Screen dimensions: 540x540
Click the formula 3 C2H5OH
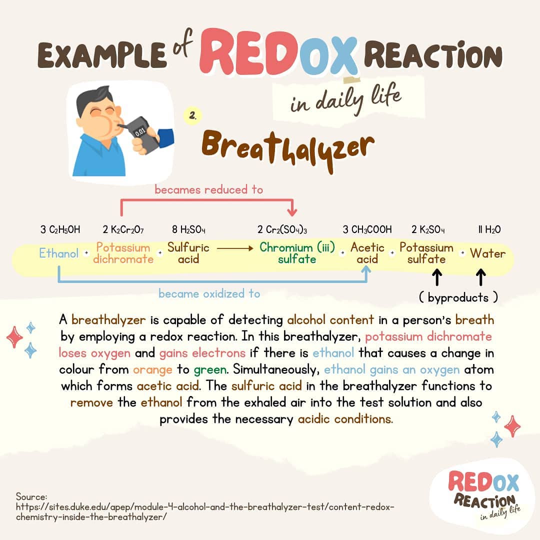60,229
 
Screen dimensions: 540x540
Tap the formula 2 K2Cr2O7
123,229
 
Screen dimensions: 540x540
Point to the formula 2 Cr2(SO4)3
282,229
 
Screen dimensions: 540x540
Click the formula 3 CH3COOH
367,229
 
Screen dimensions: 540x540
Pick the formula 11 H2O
489,229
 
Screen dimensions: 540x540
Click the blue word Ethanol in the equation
59,253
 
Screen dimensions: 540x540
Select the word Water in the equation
487,253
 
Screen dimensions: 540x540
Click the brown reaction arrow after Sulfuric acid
235,247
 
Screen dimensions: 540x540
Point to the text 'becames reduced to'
208,190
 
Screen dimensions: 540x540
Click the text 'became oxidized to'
209,293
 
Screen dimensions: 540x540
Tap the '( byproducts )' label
458,298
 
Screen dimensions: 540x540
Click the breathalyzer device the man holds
142,133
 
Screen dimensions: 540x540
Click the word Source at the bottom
31,496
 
